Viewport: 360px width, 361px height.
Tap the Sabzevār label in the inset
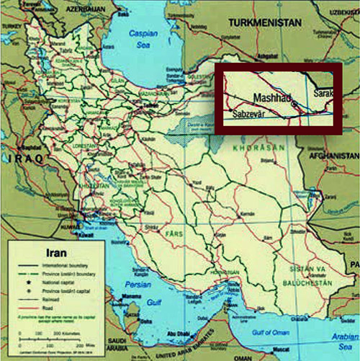[248, 113]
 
